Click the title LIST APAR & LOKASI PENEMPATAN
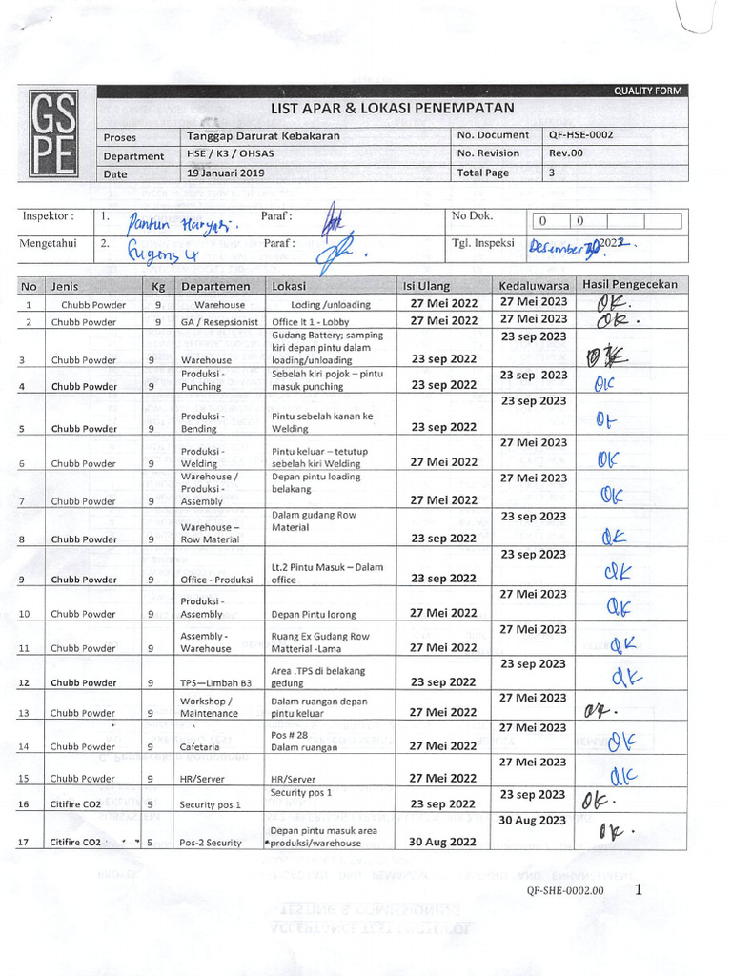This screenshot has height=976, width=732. tap(392, 109)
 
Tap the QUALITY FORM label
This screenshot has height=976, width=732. tap(648, 91)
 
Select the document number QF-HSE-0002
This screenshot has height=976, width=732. tap(580, 135)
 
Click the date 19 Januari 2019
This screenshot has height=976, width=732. tap(226, 173)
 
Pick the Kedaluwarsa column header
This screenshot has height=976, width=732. tap(534, 286)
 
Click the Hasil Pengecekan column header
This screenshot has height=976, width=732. tap(630, 285)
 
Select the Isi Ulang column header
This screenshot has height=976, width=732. tap(427, 286)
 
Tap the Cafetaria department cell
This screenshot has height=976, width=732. tap(201, 747)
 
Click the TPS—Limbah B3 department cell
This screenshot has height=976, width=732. tap(215, 682)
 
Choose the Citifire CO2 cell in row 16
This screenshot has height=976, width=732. tap(76, 804)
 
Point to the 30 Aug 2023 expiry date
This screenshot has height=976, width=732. tap(533, 820)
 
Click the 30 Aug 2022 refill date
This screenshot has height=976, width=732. tap(442, 842)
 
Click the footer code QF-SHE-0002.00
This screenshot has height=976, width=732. tap(564, 891)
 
